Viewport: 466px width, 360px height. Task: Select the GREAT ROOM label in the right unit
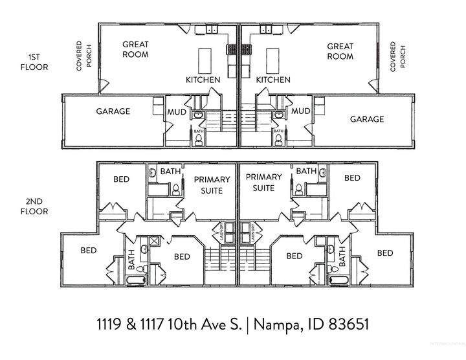pyautogui.click(x=340, y=51)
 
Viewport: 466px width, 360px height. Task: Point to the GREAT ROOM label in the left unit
pyautogui.click(x=135, y=49)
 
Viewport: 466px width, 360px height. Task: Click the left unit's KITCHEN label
pyautogui.click(x=203, y=80)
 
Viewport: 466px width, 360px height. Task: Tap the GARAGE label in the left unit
pyautogui.click(x=113, y=111)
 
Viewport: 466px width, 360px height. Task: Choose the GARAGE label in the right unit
pyautogui.click(x=367, y=119)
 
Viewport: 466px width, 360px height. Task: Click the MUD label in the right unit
pyautogui.click(x=301, y=112)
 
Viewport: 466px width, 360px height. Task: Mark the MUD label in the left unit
pyautogui.click(x=177, y=112)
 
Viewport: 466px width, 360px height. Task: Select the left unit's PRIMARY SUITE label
pyautogui.click(x=208, y=185)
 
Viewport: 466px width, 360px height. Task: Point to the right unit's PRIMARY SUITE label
pyautogui.click(x=264, y=182)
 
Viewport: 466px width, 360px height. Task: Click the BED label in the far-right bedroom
pyautogui.click(x=384, y=253)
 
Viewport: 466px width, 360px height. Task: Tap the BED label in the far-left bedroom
pyautogui.click(x=89, y=250)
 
